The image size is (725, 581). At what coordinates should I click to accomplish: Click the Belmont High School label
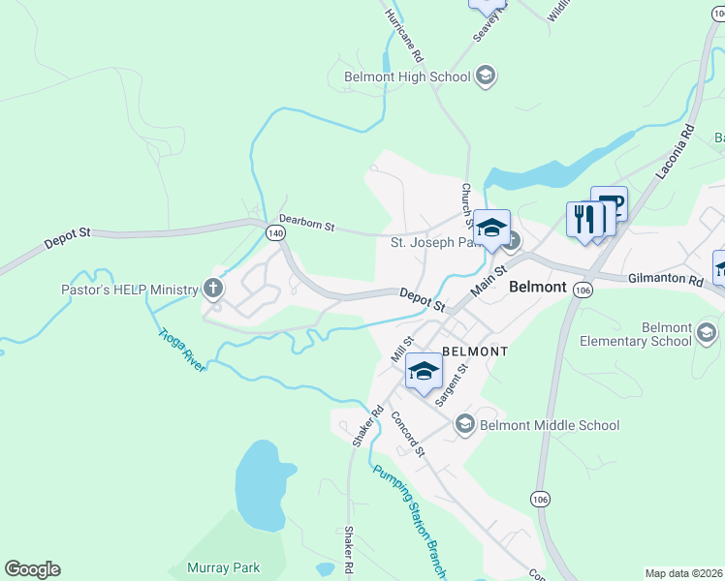(x=407, y=76)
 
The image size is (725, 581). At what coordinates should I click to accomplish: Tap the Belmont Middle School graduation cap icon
(x=465, y=424)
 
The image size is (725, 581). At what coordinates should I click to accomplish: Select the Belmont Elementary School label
(x=636, y=334)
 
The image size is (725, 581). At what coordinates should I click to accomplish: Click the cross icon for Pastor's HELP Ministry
(x=213, y=288)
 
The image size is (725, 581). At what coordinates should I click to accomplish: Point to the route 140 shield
(x=274, y=233)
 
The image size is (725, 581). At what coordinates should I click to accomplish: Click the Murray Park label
(x=222, y=567)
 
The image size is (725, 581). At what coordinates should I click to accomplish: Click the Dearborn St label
(x=306, y=223)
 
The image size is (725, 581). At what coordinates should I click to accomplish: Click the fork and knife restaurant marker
(x=583, y=220)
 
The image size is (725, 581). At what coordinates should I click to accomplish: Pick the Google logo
(x=32, y=569)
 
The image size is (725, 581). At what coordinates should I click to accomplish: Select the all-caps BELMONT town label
(x=475, y=351)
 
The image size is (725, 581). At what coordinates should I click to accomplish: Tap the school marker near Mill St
(x=424, y=372)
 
